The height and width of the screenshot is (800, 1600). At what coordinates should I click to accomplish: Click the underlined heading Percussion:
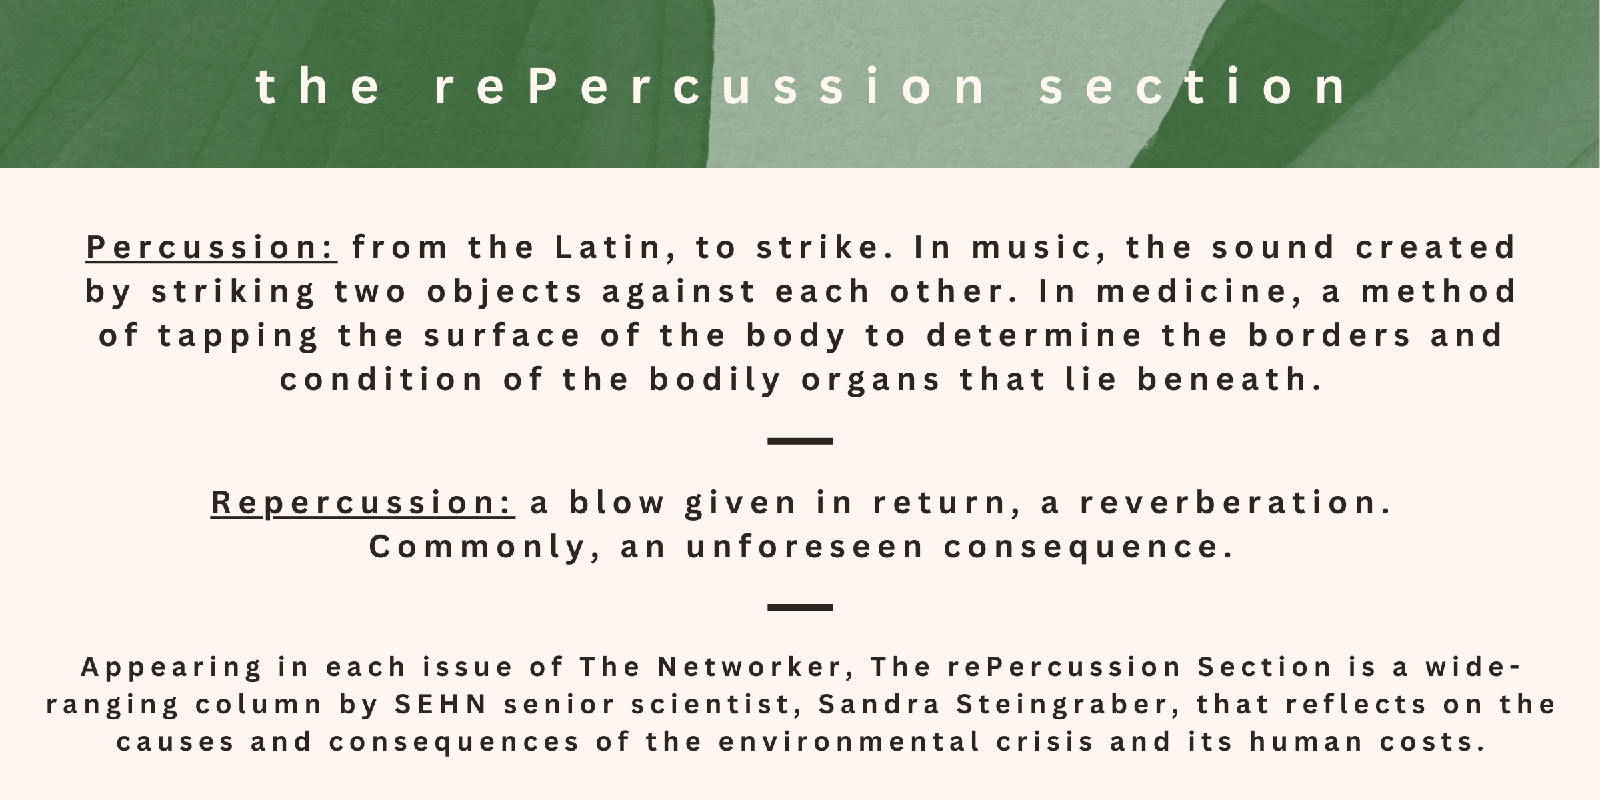point(211,247)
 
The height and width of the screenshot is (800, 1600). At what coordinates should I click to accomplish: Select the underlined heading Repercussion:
point(363,503)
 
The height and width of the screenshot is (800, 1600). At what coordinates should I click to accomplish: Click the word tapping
point(238,336)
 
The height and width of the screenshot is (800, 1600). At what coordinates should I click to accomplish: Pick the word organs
point(871,380)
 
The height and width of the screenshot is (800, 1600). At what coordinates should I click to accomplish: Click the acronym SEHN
point(441,705)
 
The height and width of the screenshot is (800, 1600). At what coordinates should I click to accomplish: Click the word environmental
point(849,742)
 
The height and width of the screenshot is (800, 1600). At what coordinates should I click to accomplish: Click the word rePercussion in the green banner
point(711,87)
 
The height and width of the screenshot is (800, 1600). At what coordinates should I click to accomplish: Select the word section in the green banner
point(1194,87)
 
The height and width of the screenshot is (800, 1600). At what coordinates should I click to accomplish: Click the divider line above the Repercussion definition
point(800,441)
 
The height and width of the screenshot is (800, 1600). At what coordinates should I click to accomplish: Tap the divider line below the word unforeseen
point(800,607)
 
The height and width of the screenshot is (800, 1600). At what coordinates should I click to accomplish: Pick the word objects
point(505,291)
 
